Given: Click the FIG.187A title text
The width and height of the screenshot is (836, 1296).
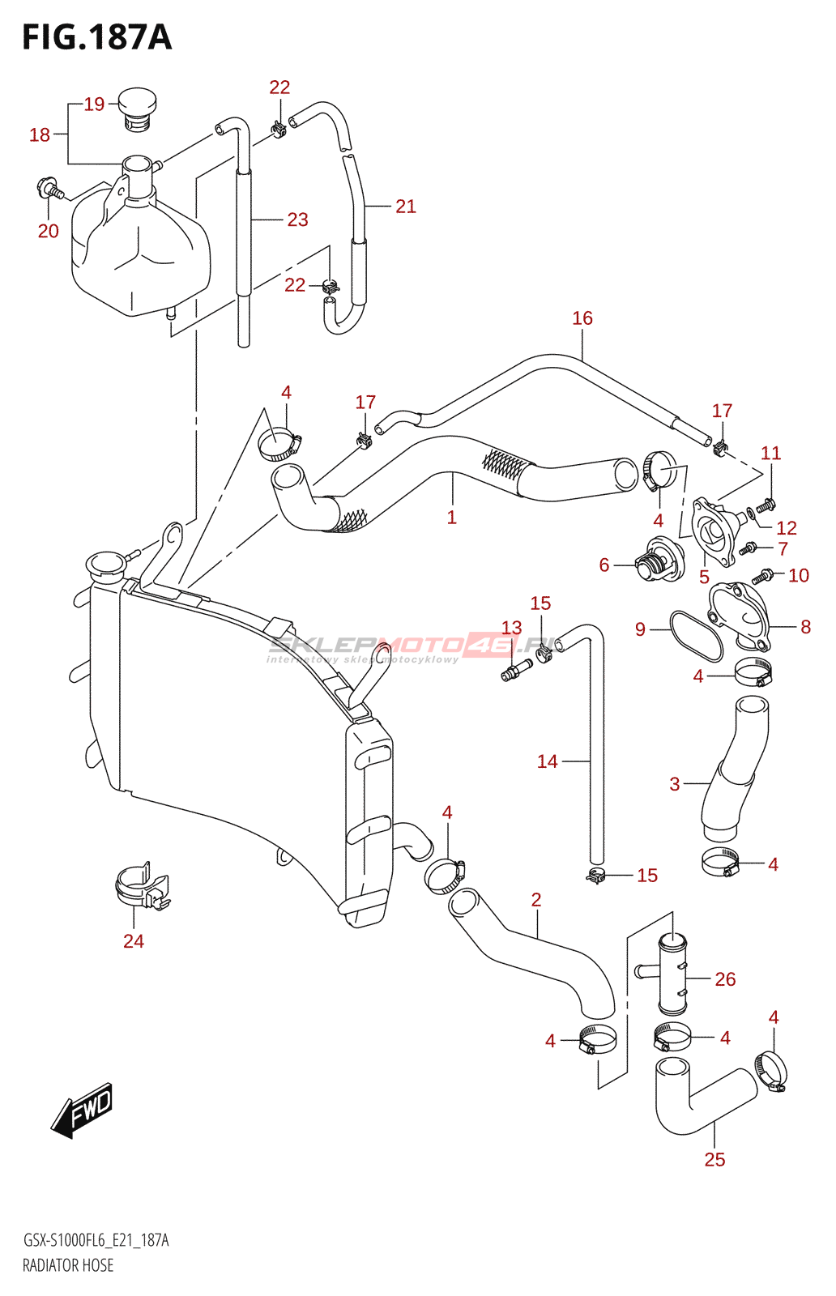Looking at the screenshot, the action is point(97,37).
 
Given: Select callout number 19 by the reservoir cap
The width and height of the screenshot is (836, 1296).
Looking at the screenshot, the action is point(94,104).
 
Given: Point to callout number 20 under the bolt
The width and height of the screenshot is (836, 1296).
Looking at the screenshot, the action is point(49,231).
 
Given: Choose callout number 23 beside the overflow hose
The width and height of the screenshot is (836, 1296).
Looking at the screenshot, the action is point(297,220).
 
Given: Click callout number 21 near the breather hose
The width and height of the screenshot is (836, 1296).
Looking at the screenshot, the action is point(406,206).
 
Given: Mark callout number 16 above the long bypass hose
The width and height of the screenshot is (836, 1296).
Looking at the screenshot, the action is point(582,318).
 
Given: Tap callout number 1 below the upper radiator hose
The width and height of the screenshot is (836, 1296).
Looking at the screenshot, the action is point(452,517).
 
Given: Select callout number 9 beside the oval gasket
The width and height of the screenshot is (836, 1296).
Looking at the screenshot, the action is point(640,629).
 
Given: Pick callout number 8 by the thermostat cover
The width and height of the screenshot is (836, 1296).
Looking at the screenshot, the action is point(805,626).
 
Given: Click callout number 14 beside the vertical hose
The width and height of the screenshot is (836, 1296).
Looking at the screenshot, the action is point(548,761).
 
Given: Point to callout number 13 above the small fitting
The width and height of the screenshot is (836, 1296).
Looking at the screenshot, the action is point(511,627).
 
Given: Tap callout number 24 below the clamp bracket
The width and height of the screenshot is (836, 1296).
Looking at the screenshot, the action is point(134,941).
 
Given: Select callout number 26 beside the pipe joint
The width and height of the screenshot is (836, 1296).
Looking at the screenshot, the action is point(725,979).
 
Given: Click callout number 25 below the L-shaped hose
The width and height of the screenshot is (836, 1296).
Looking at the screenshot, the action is point(714,1159).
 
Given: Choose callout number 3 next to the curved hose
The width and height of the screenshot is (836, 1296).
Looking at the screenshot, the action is point(675,784).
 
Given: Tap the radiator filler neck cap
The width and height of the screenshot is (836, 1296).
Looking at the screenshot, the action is point(106,564).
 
